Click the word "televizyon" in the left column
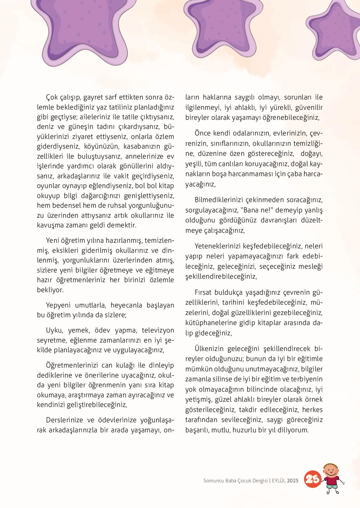click(158, 330)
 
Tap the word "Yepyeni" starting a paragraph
click(58, 305)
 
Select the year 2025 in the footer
click(293, 481)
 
